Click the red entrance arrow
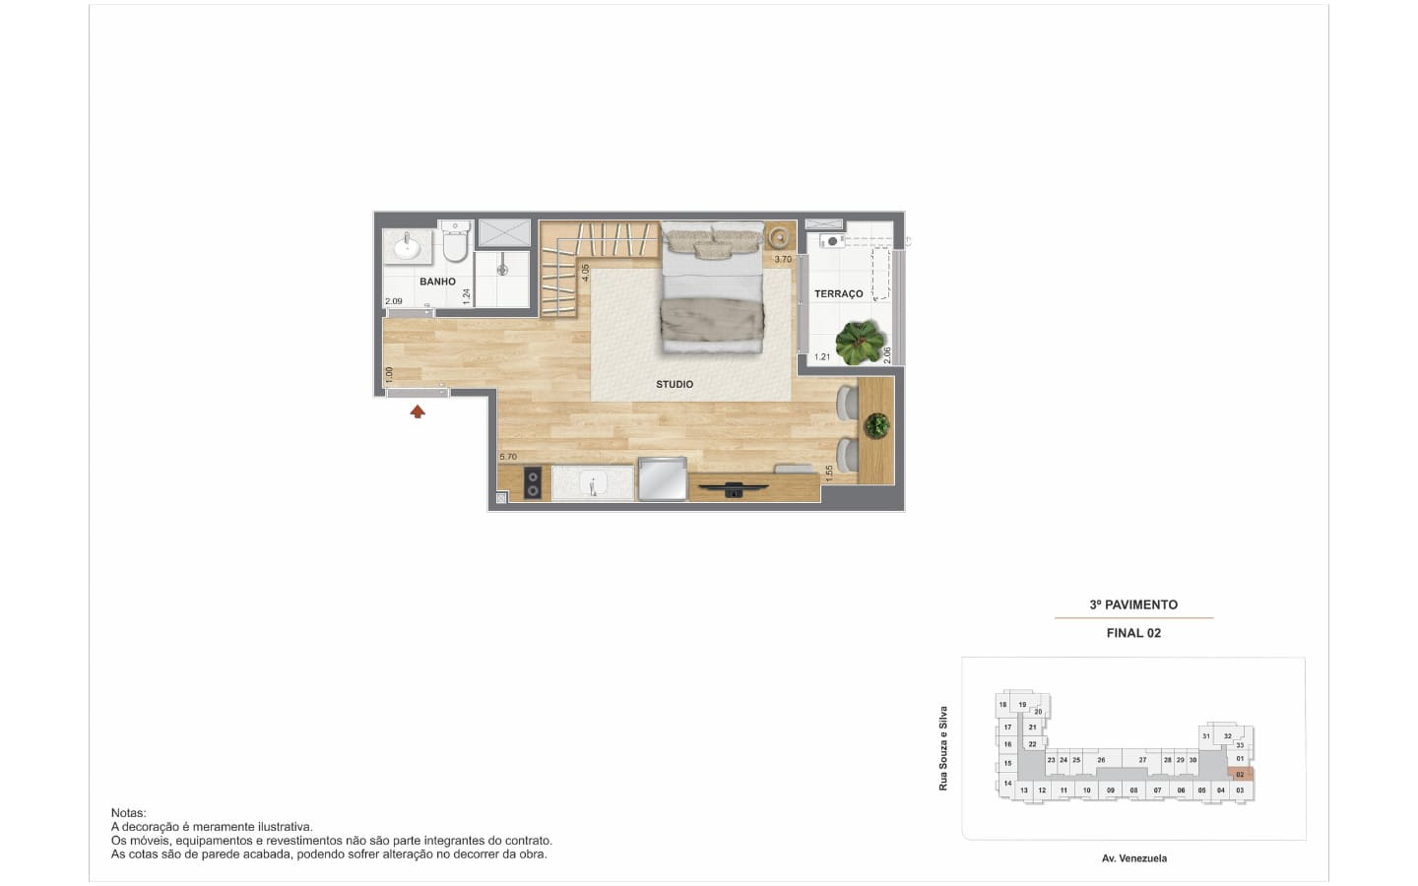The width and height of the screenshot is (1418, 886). (418, 411)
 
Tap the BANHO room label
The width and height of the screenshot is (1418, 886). (437, 282)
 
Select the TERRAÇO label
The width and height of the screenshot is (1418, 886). (839, 293)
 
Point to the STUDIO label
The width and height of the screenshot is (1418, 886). (675, 384)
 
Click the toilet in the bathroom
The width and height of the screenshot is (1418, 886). (455, 242)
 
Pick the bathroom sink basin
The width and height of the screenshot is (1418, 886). (407, 246)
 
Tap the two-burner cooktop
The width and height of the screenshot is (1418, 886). (533, 482)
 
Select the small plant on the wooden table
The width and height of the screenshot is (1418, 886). (876, 425)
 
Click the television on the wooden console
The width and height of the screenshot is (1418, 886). (733, 489)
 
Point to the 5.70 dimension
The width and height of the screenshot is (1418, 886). (508, 457)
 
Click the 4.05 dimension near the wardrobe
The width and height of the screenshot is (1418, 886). (586, 273)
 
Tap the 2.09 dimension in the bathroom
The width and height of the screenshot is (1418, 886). (394, 301)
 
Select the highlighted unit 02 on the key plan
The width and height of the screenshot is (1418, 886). (1240, 774)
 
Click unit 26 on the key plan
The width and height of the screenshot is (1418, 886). (1102, 760)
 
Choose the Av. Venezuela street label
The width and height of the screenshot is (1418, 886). (1134, 858)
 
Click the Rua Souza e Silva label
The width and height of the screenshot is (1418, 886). (943, 748)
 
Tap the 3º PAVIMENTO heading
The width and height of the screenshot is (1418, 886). (1133, 604)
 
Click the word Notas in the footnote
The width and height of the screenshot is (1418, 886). (128, 812)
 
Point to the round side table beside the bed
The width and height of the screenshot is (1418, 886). (779, 238)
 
